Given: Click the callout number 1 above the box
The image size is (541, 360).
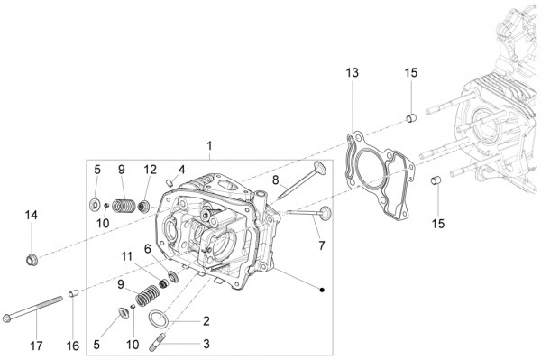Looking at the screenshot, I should [x=209, y=145].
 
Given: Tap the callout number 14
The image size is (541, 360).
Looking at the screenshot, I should [x=32, y=215].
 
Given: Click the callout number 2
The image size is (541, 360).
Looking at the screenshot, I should [x=206, y=321].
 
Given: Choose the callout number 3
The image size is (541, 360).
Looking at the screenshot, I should [x=206, y=344].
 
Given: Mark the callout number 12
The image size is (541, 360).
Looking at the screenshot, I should [x=150, y=169].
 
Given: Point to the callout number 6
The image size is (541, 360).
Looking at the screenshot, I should [x=148, y=248].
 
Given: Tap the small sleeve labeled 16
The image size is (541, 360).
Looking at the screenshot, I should [x=74, y=293].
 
